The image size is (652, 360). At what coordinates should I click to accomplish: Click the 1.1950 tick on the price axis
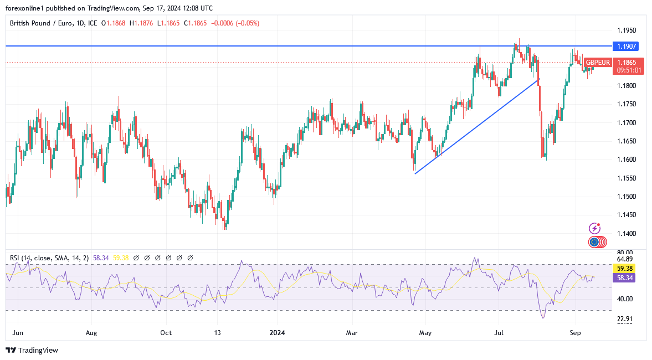tap(627, 30)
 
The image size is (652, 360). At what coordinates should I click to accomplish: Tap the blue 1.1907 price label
tap(627, 46)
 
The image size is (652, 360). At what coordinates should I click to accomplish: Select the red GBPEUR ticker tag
tap(598, 63)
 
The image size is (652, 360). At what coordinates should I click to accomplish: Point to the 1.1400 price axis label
tap(627, 234)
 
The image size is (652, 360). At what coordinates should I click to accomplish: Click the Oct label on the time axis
tap(166, 333)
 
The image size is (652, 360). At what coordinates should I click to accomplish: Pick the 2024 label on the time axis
tap(276, 333)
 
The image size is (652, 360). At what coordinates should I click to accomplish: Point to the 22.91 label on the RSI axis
tap(624, 318)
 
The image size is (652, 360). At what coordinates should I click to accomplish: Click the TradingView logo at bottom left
tap(32, 350)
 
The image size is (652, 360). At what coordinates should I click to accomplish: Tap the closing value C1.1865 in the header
tap(197, 23)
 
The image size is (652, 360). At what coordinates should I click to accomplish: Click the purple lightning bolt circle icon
tap(594, 228)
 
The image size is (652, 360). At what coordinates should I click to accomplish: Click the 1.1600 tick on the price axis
tap(627, 160)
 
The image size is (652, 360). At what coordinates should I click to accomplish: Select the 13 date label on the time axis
tap(218, 333)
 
